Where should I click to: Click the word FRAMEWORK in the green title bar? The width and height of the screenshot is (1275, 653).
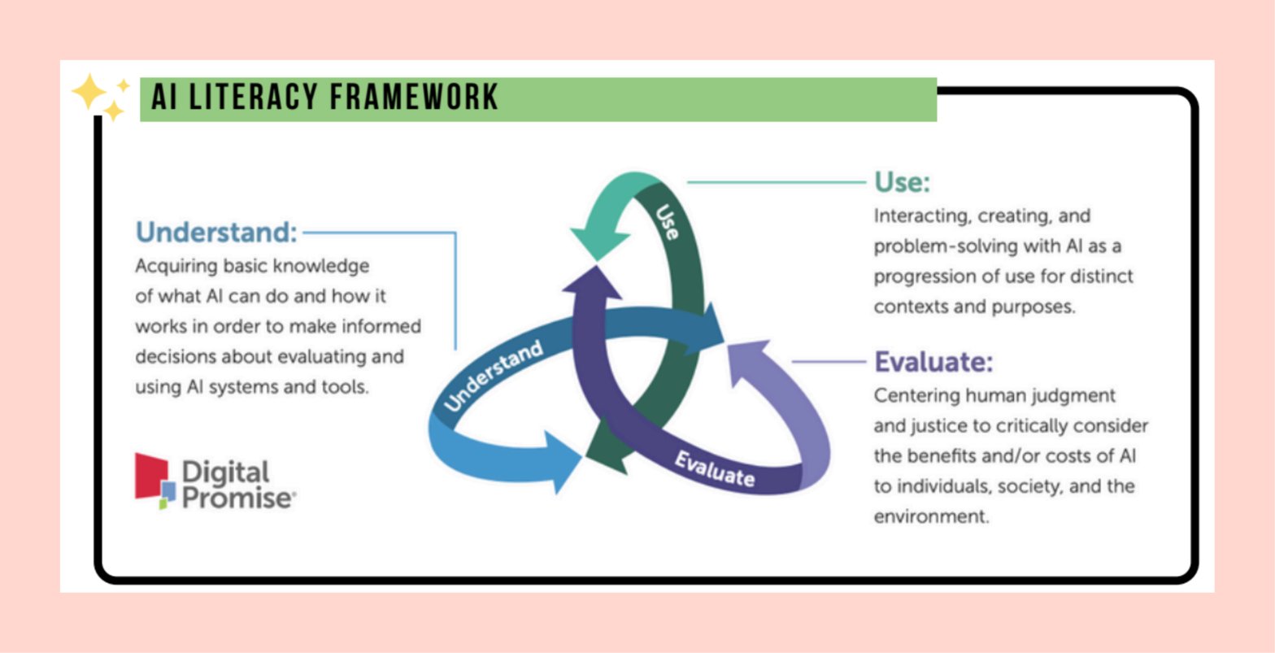413,97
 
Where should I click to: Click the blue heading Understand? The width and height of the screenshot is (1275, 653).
216,233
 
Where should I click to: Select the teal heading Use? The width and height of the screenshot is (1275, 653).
902,182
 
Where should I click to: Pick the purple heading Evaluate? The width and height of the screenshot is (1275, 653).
933,362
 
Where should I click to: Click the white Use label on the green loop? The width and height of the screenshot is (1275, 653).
667,221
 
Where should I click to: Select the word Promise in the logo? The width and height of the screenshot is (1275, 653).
237,498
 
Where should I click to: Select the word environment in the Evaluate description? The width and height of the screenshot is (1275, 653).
930,516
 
